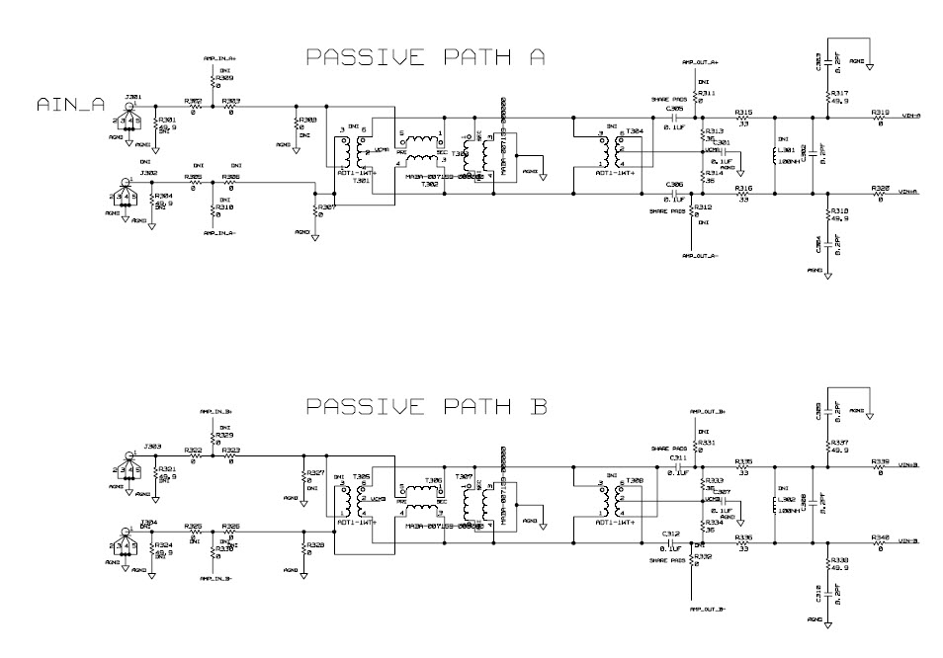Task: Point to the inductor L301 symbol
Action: click(x=774, y=155)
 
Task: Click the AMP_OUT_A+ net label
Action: click(x=700, y=62)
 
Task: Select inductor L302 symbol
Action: click(x=774, y=504)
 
